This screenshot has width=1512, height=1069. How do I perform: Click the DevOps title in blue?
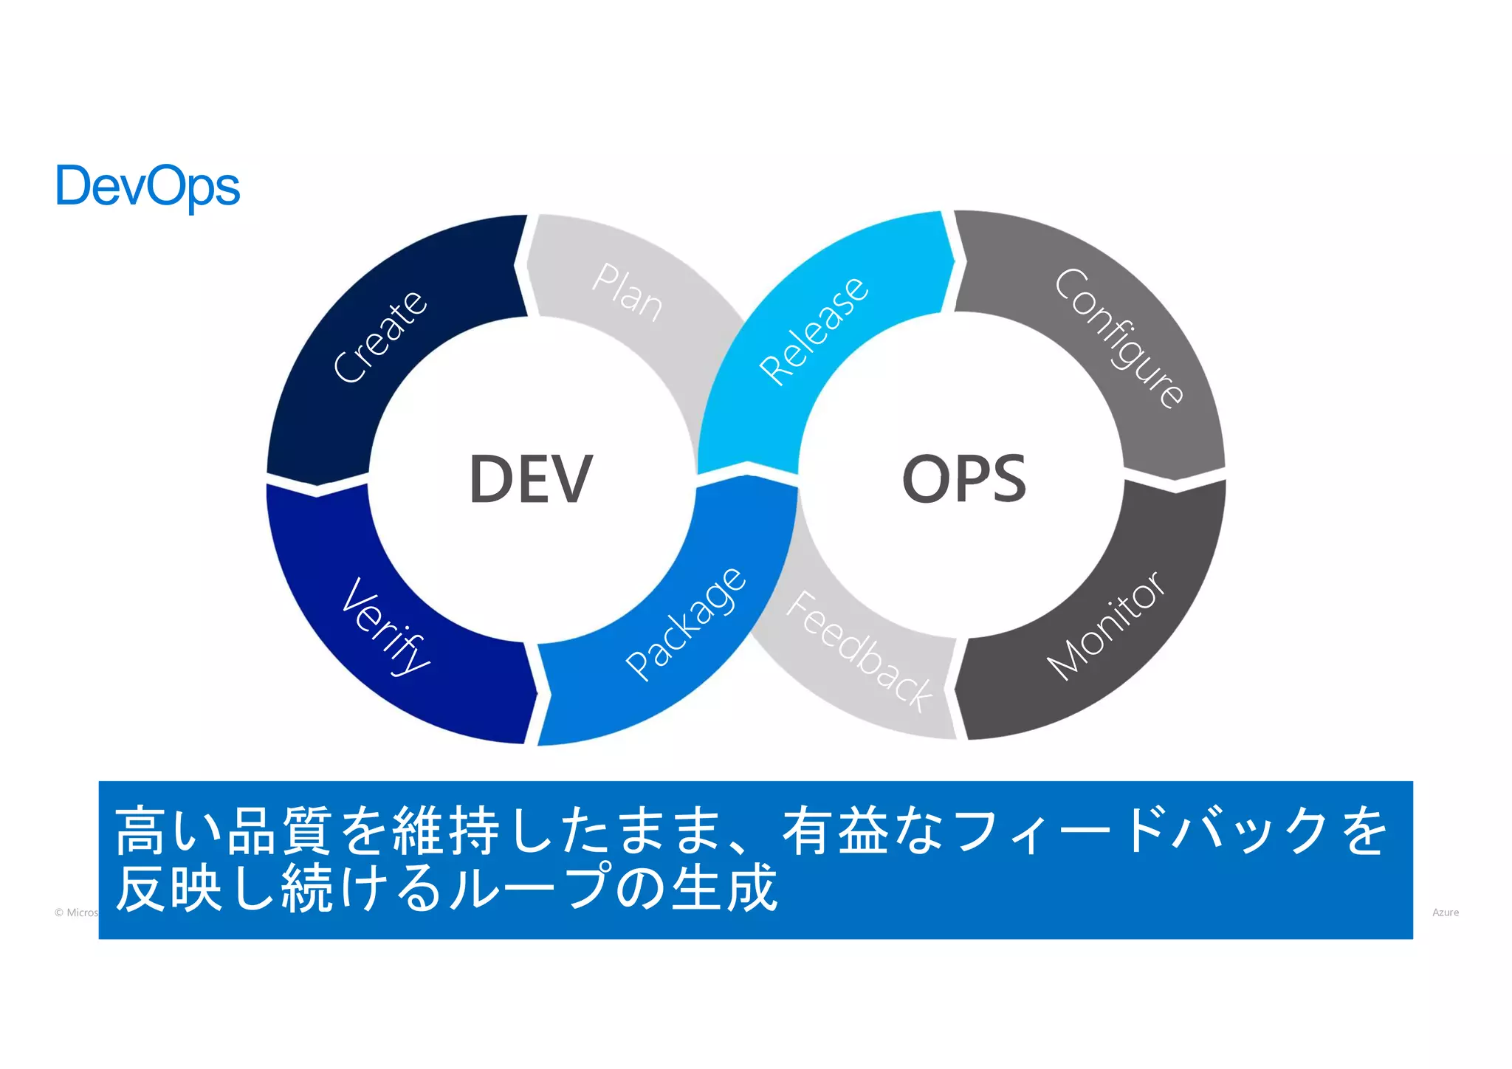[148, 187]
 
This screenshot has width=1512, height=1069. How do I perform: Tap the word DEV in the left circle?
[531, 479]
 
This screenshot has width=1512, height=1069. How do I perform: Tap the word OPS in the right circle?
[964, 479]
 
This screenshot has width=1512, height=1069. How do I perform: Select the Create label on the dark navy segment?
[380, 337]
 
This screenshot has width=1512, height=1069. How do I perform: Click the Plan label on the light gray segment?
[628, 292]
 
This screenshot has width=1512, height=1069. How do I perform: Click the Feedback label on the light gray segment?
[860, 651]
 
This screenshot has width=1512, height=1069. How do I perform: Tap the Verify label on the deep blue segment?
[386, 626]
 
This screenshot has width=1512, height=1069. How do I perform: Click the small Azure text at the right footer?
[1445, 912]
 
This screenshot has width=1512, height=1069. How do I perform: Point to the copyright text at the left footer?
[76, 912]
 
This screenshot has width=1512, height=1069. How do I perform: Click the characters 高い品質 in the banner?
[221, 832]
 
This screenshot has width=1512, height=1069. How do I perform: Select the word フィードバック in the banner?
[1141, 832]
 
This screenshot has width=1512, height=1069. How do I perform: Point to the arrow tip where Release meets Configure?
[953, 261]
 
